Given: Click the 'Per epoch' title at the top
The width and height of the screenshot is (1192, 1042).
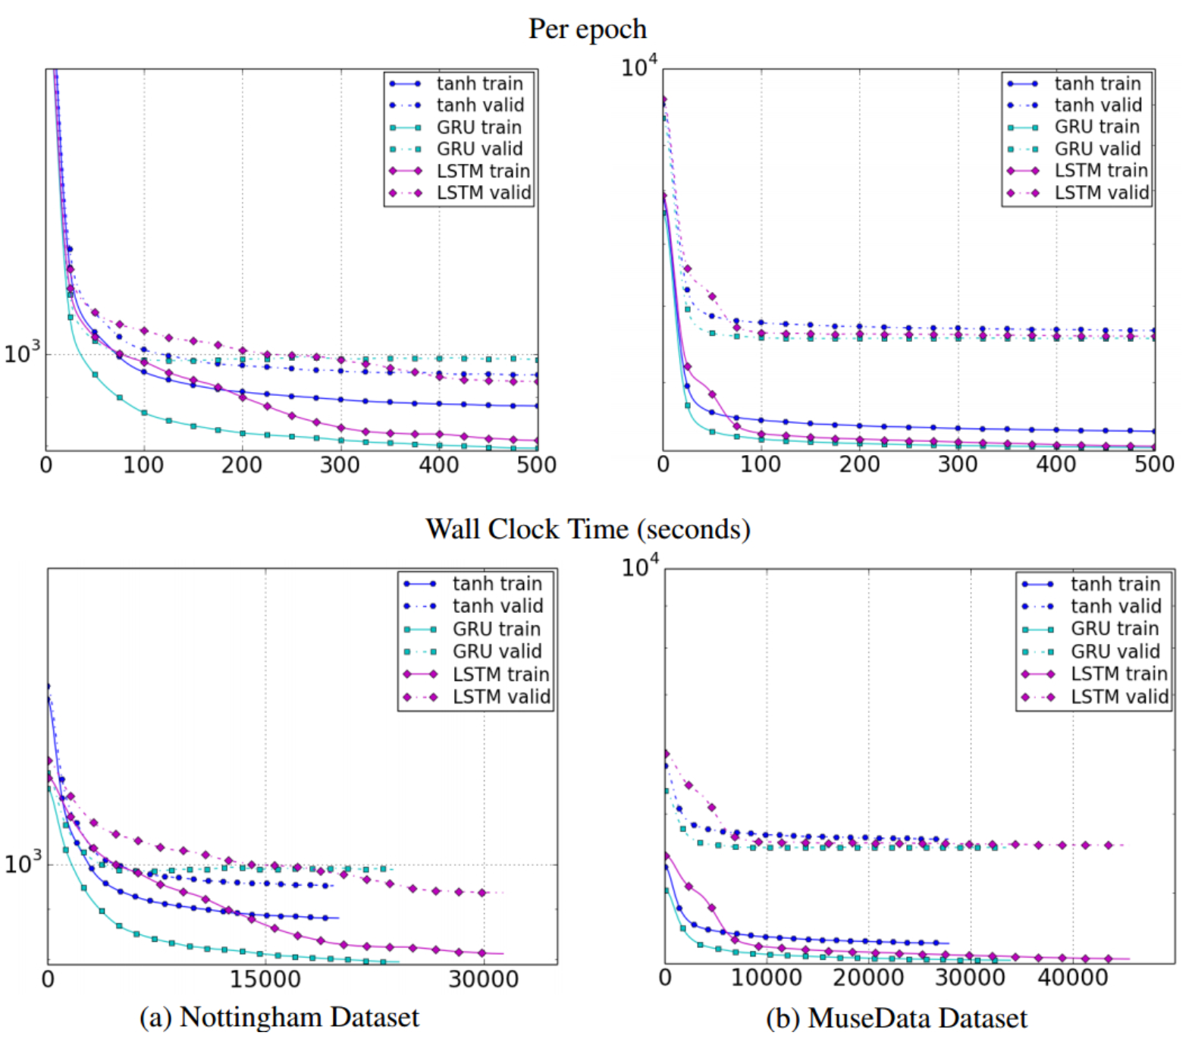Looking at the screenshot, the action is [588, 30].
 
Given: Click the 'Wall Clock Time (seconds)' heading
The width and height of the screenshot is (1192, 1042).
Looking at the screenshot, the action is [588, 529].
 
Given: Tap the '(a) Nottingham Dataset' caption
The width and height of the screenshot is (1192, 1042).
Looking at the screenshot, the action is [279, 1017].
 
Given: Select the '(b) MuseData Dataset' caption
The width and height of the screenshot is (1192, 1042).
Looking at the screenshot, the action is [896, 1018].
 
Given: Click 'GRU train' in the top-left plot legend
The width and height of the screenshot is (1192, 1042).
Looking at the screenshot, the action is [479, 127].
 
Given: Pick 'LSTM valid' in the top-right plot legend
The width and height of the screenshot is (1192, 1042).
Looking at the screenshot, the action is [1102, 193].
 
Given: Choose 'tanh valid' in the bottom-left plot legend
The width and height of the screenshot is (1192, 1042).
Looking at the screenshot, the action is [498, 606].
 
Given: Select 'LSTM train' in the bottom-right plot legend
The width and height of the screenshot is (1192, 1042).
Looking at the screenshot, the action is [1119, 673].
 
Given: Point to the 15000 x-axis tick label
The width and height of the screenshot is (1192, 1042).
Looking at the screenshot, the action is [265, 979].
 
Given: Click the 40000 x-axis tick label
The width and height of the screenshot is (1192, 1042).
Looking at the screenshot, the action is [1073, 978].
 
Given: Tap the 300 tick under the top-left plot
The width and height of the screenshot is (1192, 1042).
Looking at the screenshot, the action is [340, 464].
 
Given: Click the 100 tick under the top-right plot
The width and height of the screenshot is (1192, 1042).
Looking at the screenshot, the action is [761, 464].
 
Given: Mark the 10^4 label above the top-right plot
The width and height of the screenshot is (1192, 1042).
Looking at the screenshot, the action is [640, 66].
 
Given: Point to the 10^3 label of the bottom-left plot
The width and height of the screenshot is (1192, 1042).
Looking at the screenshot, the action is [22, 863].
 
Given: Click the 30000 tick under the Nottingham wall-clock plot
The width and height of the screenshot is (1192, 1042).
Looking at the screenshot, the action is [484, 979].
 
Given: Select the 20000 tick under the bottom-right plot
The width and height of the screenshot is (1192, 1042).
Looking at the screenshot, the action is [869, 978].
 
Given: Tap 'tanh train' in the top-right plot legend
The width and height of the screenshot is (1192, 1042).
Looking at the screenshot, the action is [1098, 83].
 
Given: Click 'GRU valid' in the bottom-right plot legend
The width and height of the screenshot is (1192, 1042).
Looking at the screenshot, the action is [1115, 651].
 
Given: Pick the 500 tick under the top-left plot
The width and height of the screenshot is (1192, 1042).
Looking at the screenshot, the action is [537, 464].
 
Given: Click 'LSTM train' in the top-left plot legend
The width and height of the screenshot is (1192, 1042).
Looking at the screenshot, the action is [484, 171].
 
